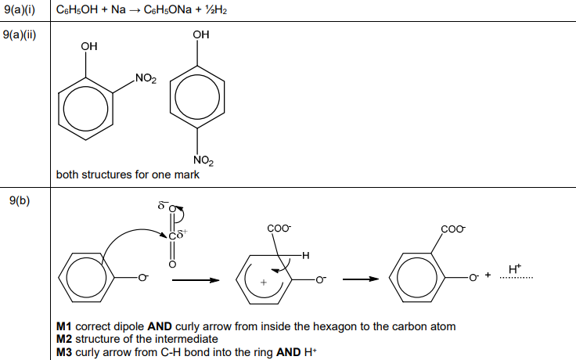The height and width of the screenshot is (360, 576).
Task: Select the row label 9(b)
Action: pyautogui.click(x=20, y=201)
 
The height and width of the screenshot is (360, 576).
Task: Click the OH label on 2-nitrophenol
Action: pyautogui.click(x=89, y=47)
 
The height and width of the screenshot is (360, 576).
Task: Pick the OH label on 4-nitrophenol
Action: pyautogui.click(x=201, y=35)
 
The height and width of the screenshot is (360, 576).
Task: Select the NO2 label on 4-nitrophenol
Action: pyautogui.click(x=203, y=160)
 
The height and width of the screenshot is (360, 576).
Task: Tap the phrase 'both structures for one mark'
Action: pyautogui.click(x=128, y=175)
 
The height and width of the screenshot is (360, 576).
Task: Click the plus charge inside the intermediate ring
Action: pyautogui.click(x=264, y=281)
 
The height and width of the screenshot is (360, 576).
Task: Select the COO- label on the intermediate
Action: pyautogui.click(x=279, y=229)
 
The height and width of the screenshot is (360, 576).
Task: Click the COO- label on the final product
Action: pyautogui.click(x=454, y=229)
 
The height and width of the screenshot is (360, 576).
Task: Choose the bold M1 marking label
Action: pyautogui.click(x=64, y=326)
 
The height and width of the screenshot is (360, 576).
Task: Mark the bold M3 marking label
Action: pyautogui.click(x=64, y=351)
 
